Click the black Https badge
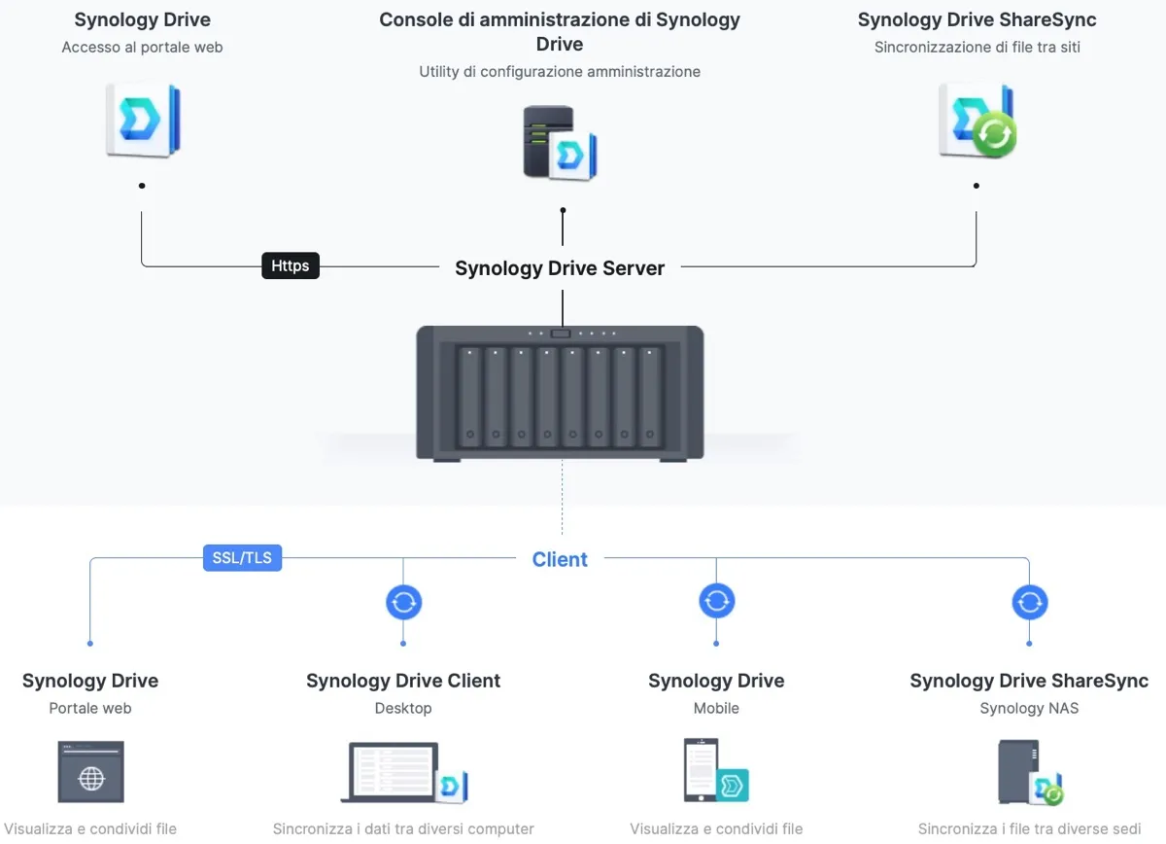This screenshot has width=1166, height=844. coord(291,265)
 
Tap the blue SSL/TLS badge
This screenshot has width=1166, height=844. coord(242,558)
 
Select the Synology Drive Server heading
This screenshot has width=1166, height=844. coord(560,268)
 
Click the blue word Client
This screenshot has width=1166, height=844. coord(560,559)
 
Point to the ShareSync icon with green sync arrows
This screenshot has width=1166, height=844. coord(977,122)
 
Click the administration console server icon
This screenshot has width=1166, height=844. coord(559,144)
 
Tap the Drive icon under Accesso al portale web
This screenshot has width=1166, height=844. coord(142,121)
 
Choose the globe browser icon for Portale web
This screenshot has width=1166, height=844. coord(90,772)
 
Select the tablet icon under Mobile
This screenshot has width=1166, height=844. coord(715,771)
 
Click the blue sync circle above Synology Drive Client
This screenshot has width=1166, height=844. coord(403,602)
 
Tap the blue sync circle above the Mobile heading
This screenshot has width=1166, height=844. coord(716,601)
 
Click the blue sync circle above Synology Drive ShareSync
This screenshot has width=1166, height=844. coord(1029,602)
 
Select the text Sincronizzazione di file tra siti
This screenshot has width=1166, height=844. coord(977,47)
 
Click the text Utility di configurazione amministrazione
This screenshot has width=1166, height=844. coord(560,71)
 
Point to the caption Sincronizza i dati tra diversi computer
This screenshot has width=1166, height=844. coord(403,829)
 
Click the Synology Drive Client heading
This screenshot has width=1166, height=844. coord(403,681)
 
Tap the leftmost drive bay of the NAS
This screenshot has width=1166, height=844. coord(470,395)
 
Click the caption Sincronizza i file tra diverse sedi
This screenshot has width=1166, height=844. coord(1029,829)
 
